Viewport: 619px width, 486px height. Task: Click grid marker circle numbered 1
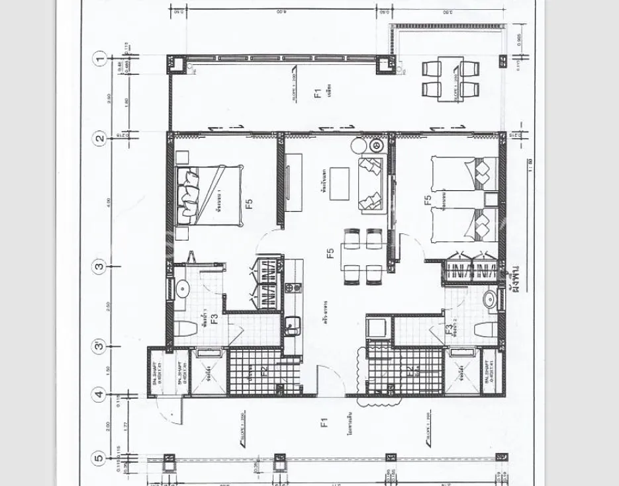tap(100, 59)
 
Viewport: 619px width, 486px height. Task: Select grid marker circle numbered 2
tap(100, 139)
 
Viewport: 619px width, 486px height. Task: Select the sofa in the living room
tap(371, 184)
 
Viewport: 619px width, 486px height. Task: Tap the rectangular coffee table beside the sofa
tap(341, 184)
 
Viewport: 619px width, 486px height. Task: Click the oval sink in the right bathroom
tap(491, 300)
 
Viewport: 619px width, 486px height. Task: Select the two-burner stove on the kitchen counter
tap(293, 288)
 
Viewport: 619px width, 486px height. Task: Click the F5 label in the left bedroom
tap(250, 204)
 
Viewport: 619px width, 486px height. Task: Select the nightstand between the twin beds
tap(491, 198)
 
